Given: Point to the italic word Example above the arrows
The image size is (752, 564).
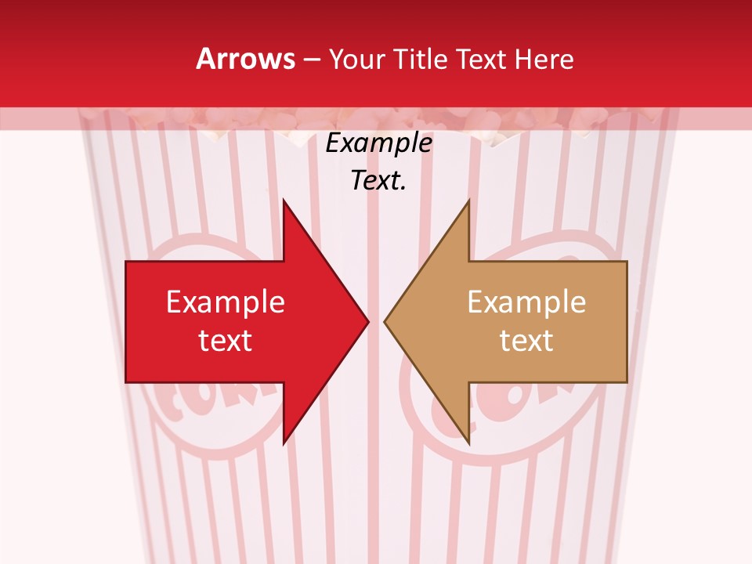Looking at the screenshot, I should [378, 143].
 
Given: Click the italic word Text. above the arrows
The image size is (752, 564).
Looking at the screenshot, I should [378, 181].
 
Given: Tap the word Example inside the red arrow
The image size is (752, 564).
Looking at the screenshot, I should [226, 302].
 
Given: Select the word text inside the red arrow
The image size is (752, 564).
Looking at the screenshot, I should [226, 341].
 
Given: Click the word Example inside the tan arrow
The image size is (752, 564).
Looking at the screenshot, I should [526, 302].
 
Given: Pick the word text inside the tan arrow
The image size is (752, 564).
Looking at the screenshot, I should [526, 341].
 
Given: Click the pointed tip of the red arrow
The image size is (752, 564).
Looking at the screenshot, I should [367, 321].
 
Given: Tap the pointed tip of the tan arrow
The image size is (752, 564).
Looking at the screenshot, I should [386, 321].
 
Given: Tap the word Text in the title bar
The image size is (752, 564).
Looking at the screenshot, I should [481, 59].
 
